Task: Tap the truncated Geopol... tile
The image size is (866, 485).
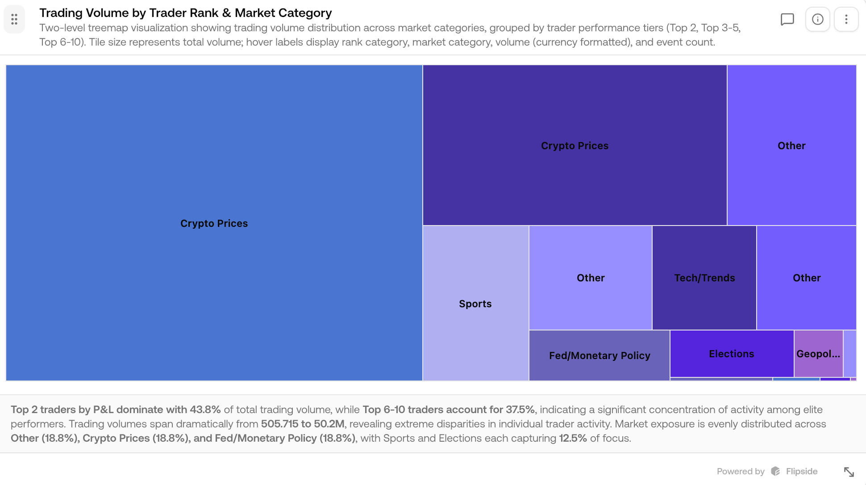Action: pos(818,353)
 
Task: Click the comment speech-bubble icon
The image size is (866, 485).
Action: pos(787,19)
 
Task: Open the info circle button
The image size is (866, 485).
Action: pos(817,19)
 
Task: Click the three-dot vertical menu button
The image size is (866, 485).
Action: pos(846,19)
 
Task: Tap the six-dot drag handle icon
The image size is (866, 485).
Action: pos(14,19)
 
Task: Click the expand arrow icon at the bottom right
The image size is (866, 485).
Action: pos(849,472)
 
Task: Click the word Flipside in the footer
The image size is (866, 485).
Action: pos(801,472)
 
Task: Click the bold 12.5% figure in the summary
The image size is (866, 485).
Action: pos(572,438)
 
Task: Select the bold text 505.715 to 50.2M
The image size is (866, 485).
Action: pos(302,424)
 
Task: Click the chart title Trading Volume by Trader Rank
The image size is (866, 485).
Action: pos(185,13)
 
